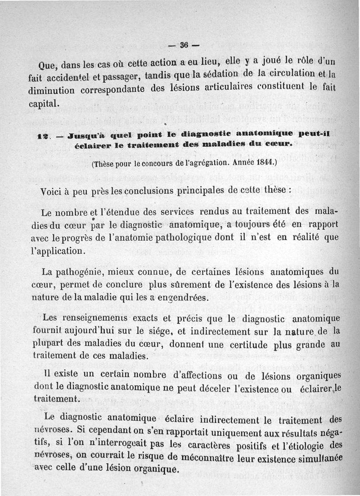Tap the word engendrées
(184, 297)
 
